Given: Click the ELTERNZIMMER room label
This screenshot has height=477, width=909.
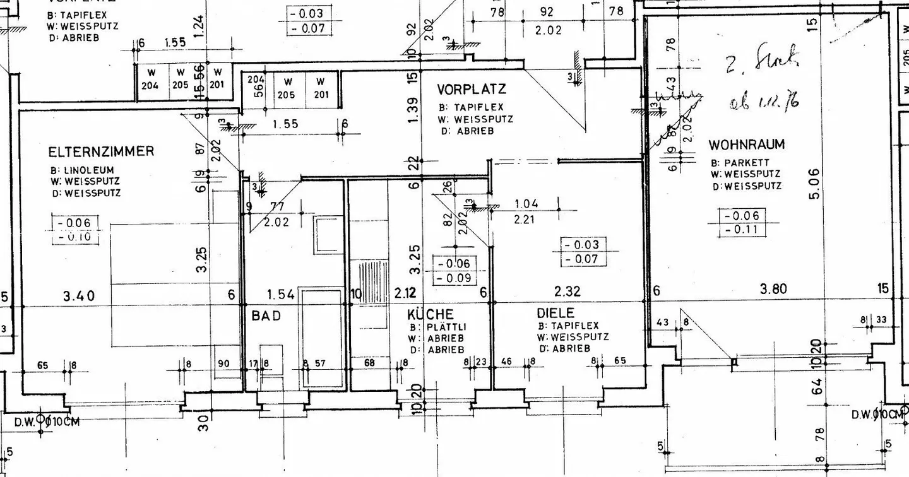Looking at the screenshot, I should (101, 152).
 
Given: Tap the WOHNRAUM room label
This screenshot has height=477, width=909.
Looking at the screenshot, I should (746, 144).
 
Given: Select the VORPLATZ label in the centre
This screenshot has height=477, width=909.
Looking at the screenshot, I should (472, 90).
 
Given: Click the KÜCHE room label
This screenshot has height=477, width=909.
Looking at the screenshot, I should (431, 314).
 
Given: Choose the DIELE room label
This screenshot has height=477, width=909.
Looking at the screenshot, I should (556, 313).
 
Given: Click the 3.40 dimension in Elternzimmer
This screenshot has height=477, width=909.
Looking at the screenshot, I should (78, 294).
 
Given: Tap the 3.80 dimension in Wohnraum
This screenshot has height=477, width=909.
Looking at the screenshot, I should (773, 290).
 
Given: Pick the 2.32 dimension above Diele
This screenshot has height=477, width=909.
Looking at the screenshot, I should (567, 291).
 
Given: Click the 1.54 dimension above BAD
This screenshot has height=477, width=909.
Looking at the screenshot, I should (282, 294).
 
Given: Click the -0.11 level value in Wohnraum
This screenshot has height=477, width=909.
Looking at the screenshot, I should (745, 230).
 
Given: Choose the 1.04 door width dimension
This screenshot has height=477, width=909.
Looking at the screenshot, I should (526, 204).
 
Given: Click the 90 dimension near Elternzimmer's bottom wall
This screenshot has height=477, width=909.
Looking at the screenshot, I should (223, 363).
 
